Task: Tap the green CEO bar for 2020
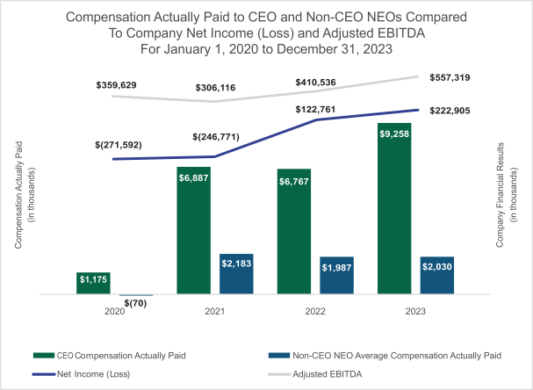92,284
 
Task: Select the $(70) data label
133,303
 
